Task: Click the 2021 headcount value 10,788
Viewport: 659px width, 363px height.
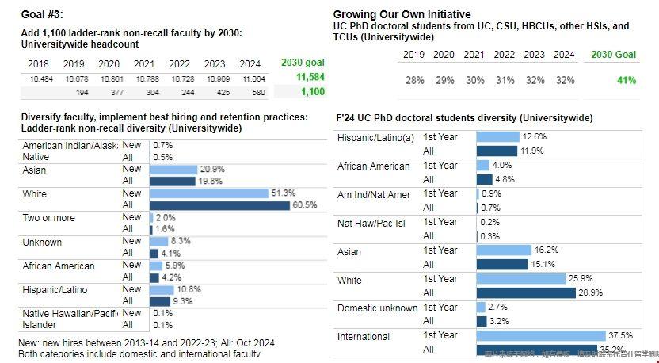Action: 143,79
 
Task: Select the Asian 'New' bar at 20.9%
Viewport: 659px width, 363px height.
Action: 173,169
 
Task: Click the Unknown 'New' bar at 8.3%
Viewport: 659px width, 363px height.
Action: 158,241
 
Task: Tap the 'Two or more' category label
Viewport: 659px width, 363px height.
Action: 49,217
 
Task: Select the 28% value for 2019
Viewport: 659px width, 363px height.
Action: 414,80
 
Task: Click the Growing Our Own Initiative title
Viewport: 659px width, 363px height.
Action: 402,14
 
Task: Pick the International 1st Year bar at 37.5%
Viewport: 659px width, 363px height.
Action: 540,335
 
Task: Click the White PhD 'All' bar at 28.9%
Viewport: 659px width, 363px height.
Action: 525,292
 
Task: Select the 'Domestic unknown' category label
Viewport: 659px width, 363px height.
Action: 377,308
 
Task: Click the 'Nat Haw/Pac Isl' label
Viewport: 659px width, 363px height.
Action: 371,223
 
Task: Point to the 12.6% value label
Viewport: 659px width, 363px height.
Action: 535,136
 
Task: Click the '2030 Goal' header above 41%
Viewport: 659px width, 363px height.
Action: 614,55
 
